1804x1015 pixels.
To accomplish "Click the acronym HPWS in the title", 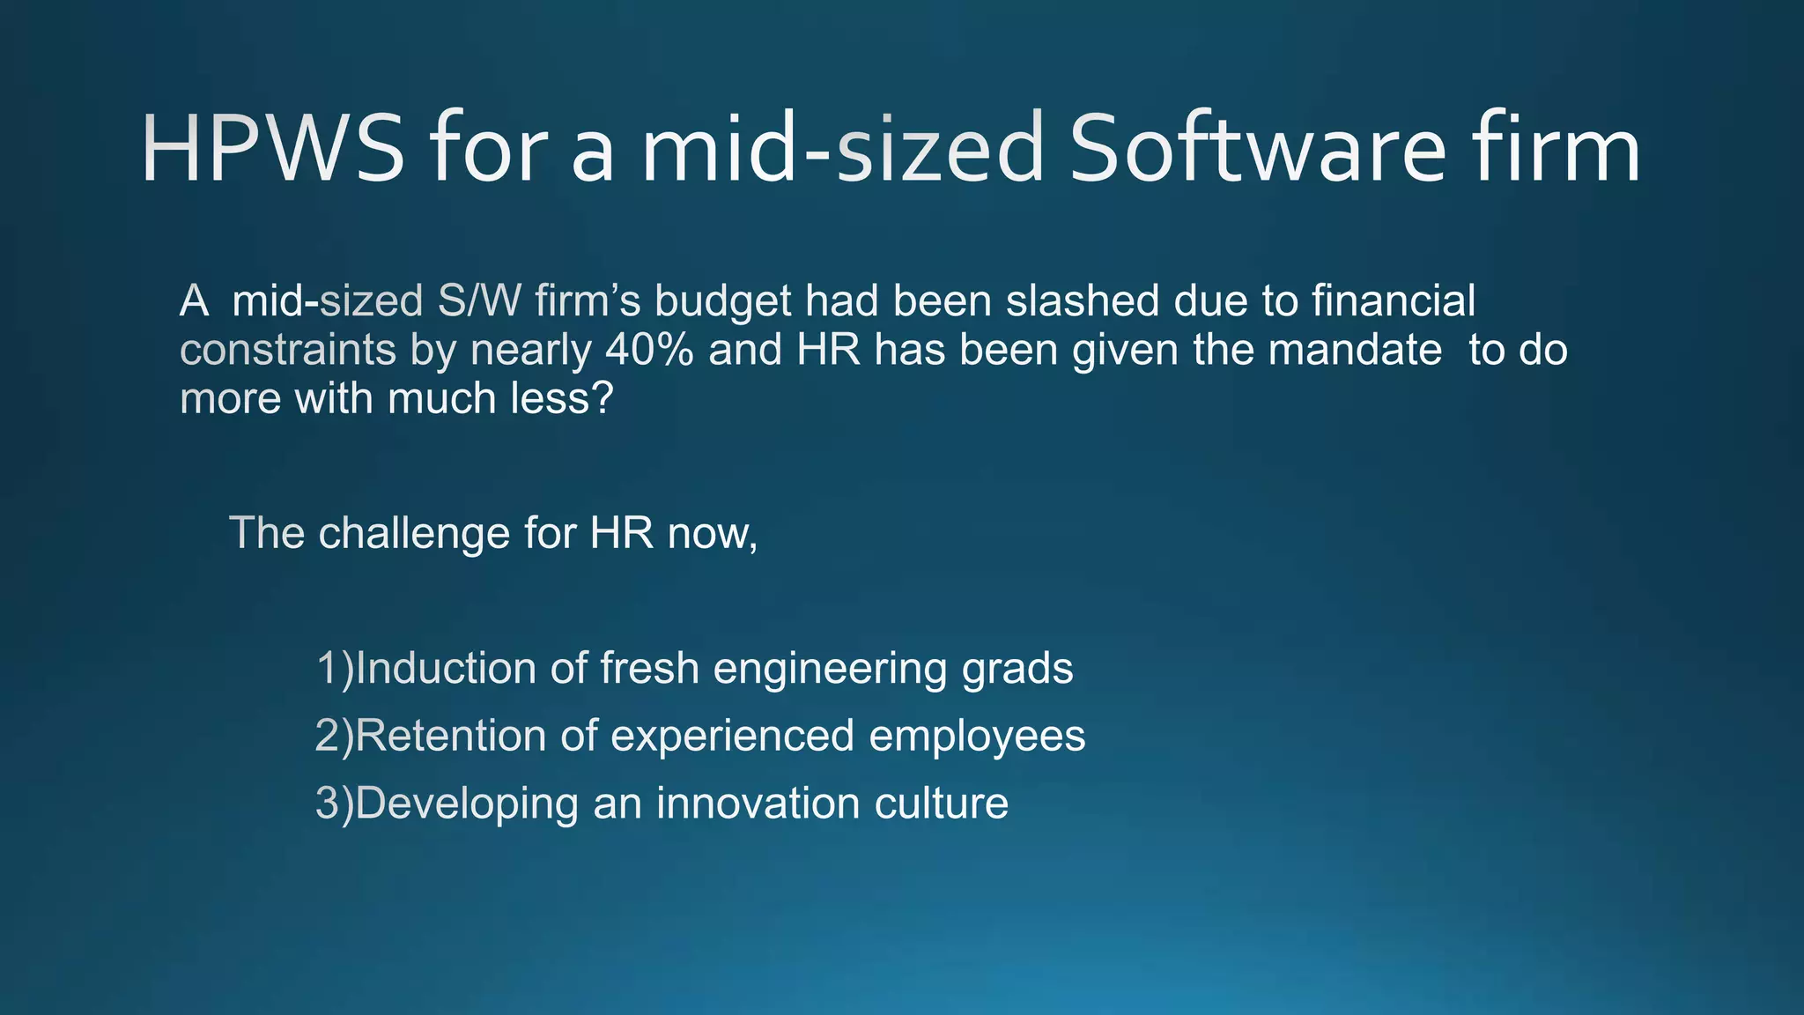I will tap(272, 149).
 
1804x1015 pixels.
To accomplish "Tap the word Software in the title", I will tap(1257, 149).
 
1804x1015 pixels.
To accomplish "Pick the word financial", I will tap(1393, 301).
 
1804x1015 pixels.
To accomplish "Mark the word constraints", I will tap(287, 350).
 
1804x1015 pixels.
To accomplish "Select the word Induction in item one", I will tap(446, 668).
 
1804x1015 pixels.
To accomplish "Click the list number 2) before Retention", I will tap(334, 736).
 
